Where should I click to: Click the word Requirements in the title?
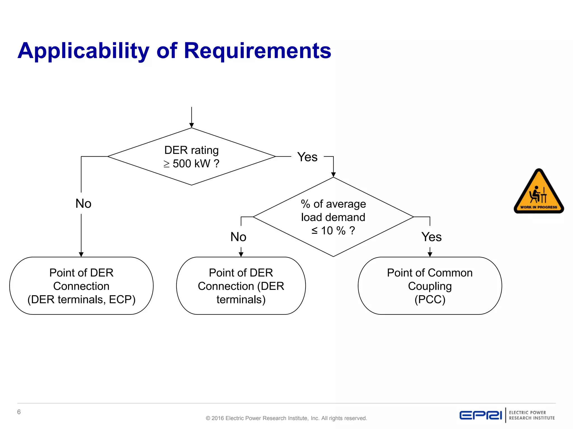click(x=257, y=51)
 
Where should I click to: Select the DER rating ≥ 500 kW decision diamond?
click(x=191, y=157)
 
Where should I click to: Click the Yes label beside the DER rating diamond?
click(x=307, y=157)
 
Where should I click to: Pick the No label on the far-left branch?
click(x=83, y=203)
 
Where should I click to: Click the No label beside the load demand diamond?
click(x=238, y=237)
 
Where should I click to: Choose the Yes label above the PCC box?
click(x=431, y=237)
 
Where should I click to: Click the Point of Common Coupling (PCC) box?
click(x=430, y=286)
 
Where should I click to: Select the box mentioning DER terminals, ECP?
click(x=81, y=286)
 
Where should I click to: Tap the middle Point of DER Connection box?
click(x=241, y=286)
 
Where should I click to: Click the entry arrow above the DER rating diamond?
click(x=191, y=117)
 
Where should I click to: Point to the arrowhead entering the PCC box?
click(x=430, y=254)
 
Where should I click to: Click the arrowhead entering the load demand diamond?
click(x=333, y=175)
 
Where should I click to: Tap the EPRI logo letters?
click(x=481, y=415)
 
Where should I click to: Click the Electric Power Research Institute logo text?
click(x=532, y=415)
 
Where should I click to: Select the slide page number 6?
click(x=19, y=412)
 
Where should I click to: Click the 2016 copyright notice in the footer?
click(x=286, y=418)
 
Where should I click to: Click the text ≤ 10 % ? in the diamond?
click(x=333, y=231)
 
